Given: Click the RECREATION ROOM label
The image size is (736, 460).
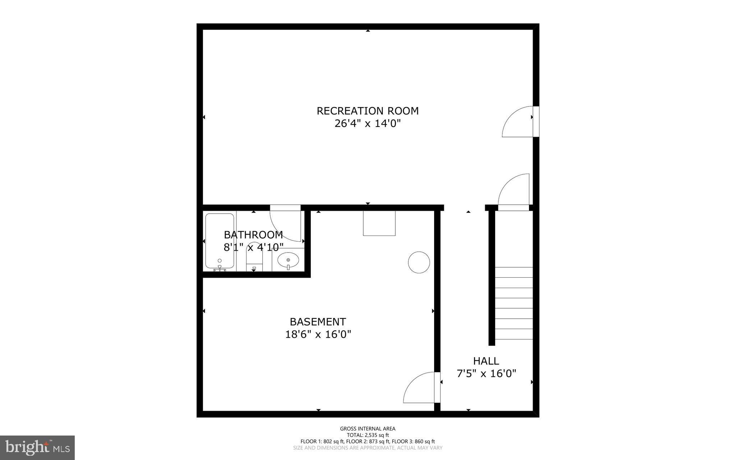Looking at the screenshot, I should coord(367,111).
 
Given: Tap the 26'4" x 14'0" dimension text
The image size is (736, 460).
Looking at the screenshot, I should coord(367,124).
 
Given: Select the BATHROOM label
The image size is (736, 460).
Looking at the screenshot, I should coord(253,235).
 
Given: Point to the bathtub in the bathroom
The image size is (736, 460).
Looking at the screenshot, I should coord(220,241).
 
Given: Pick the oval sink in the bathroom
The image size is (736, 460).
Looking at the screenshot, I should coord(288,260).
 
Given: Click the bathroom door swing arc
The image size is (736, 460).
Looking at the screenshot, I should coord(286,226).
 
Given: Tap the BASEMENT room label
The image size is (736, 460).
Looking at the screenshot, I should coord(318,322).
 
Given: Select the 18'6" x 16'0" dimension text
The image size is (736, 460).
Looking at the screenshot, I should coord(318,334).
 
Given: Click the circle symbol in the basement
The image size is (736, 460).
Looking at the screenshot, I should coord(419,262).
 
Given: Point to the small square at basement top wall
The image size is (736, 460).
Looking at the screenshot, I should coord(379,223).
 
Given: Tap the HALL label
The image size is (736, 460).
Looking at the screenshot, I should coord(486,361).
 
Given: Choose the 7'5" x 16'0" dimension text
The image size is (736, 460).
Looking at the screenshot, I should coord(486,374).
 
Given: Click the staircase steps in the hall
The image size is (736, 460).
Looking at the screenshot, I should coord(514,303).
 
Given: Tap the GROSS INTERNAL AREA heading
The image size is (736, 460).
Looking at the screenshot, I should coord(368,429).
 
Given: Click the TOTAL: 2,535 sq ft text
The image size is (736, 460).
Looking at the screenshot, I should coord(368,435).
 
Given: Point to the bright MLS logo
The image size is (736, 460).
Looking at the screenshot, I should coord(37,447).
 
